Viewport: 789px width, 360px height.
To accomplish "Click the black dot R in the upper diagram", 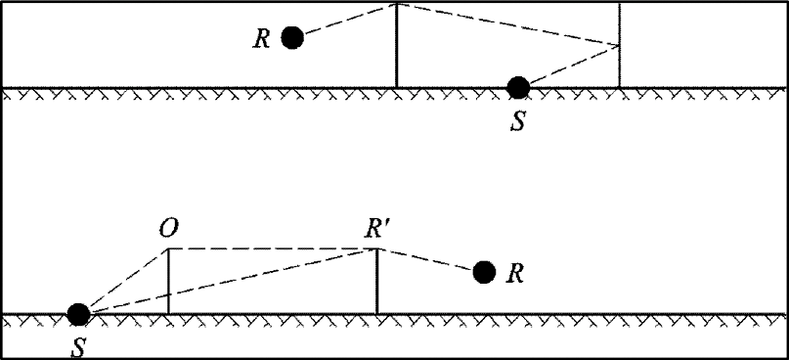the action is (x=292, y=38).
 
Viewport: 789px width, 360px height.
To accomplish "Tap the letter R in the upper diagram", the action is (x=262, y=39).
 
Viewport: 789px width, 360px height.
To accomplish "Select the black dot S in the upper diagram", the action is (x=518, y=88).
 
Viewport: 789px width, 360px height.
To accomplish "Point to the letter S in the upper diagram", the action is (x=518, y=122).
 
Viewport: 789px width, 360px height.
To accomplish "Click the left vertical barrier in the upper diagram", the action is (x=397, y=45).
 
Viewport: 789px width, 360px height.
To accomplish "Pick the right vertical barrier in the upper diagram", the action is (x=620, y=45).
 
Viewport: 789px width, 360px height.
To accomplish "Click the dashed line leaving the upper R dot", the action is (x=350, y=19).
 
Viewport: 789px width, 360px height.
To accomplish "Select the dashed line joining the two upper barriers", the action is (x=508, y=24).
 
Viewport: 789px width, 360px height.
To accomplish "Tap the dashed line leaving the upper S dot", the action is (x=575, y=65).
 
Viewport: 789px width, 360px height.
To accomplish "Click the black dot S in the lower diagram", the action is (x=78, y=315).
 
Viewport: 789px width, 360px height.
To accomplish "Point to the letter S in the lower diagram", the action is (x=78, y=348).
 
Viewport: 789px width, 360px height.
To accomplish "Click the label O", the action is (x=168, y=229).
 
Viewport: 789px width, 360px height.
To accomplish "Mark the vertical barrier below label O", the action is (x=168, y=281).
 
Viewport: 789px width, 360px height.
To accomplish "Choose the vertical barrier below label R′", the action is (x=376, y=281).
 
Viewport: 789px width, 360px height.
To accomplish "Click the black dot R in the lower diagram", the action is (x=485, y=272).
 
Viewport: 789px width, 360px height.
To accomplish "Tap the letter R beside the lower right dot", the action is (x=516, y=274).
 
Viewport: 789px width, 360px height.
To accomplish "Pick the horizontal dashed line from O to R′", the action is (x=272, y=248).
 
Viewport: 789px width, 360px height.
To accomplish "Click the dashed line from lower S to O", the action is (x=128, y=280).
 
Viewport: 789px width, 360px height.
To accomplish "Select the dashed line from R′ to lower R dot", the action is (x=426, y=259).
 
